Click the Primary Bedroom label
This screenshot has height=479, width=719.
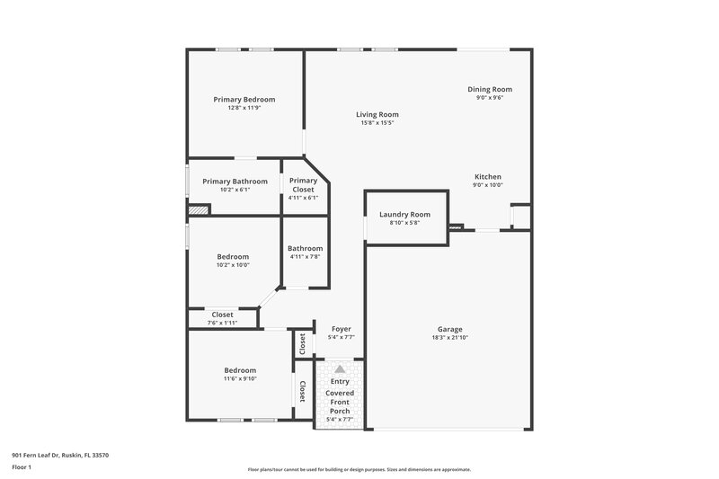(244, 99)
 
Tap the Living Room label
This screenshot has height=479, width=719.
(377, 114)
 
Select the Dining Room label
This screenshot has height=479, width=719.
(489, 89)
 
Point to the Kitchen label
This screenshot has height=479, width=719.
(487, 176)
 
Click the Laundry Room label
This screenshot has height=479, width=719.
(404, 215)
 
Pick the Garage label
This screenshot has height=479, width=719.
(449, 329)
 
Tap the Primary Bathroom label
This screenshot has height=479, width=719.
(235, 182)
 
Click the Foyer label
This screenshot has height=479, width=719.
(341, 329)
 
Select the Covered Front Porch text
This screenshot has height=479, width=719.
(340, 402)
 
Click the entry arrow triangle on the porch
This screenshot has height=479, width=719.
(340, 369)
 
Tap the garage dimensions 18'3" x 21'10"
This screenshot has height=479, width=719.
(449, 338)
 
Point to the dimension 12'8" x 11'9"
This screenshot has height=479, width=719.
(244, 108)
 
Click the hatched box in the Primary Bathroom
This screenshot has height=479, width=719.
(198, 210)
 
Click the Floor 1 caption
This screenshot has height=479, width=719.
(22, 467)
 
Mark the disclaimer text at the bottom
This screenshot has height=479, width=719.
(359, 469)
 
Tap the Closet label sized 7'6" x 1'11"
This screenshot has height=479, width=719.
(221, 315)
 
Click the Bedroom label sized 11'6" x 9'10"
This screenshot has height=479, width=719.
(240, 370)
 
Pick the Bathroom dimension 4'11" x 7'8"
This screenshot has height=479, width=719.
(305, 257)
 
